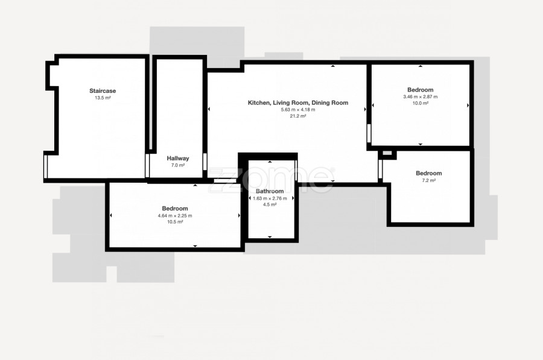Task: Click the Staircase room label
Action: coord(103,90)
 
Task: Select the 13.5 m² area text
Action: coord(103,98)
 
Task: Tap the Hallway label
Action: coord(178,158)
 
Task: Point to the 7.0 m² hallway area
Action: coord(178,165)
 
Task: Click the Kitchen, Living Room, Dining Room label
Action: coord(298,103)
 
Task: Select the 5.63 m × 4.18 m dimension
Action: coord(298,109)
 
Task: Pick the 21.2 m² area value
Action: coord(298,116)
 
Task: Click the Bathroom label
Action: coord(270,191)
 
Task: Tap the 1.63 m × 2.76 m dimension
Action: coord(270,198)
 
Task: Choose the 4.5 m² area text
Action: coord(270,204)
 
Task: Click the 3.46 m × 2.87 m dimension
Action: coord(421,96)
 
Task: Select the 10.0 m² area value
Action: coord(421,103)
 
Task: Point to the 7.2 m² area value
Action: coord(429,180)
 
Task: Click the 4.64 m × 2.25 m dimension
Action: coord(175,216)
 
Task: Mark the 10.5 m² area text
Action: coord(175,222)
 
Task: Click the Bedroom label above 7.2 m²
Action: coord(429,173)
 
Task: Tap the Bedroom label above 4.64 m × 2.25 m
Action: coord(175,209)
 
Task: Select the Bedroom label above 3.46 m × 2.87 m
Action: coord(421,90)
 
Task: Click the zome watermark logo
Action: coord(271,180)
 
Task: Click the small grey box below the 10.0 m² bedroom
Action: coord(387,153)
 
